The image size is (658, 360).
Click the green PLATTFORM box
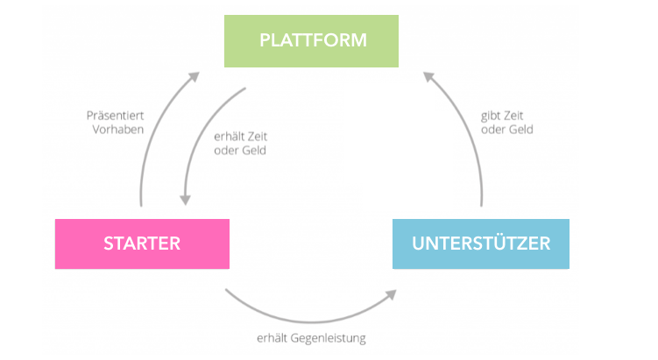[x=311, y=41]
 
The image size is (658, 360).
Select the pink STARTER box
[x=142, y=244]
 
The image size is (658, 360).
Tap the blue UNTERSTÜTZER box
[x=481, y=244]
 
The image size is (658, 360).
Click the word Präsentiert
[x=115, y=116]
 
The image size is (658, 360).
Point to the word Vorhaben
[x=118, y=130]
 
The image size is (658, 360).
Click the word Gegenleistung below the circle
[x=328, y=338]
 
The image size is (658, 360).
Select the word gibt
[x=490, y=116]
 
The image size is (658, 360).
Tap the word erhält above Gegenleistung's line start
[x=272, y=338]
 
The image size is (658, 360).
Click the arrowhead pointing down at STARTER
[x=185, y=200]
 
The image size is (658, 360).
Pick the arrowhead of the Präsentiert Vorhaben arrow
[x=194, y=76]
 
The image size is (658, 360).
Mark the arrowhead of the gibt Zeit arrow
[x=428, y=77]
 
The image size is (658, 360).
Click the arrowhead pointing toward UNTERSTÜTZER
[x=392, y=294]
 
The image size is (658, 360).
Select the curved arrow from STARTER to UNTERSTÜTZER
[x=310, y=321]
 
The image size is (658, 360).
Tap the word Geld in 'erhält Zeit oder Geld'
[x=254, y=150]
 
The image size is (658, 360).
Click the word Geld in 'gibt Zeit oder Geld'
[x=520, y=130]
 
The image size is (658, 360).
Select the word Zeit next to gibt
[x=513, y=116]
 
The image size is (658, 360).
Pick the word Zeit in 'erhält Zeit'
[x=256, y=137]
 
